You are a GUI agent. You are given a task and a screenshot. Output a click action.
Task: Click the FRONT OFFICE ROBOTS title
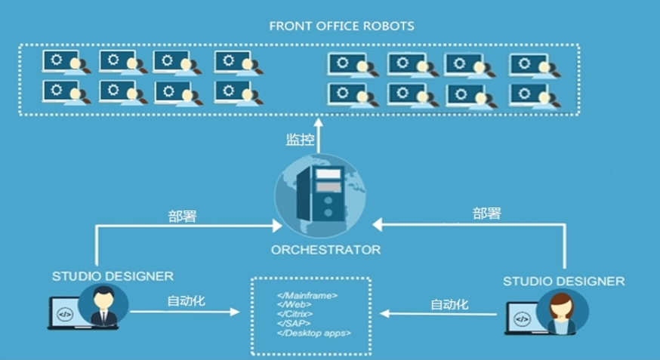[341, 26]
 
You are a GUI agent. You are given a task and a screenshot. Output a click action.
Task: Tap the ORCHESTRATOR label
[326, 249]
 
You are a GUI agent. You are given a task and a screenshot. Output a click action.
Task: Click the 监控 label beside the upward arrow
[299, 140]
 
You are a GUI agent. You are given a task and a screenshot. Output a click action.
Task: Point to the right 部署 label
[486, 214]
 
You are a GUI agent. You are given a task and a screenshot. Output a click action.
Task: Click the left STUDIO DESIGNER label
[113, 276]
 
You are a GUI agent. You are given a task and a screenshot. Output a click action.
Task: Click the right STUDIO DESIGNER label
[563, 282]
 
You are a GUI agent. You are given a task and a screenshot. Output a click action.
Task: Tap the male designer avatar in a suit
[102, 307]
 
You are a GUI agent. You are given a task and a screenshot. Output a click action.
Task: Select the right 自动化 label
[449, 305]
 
